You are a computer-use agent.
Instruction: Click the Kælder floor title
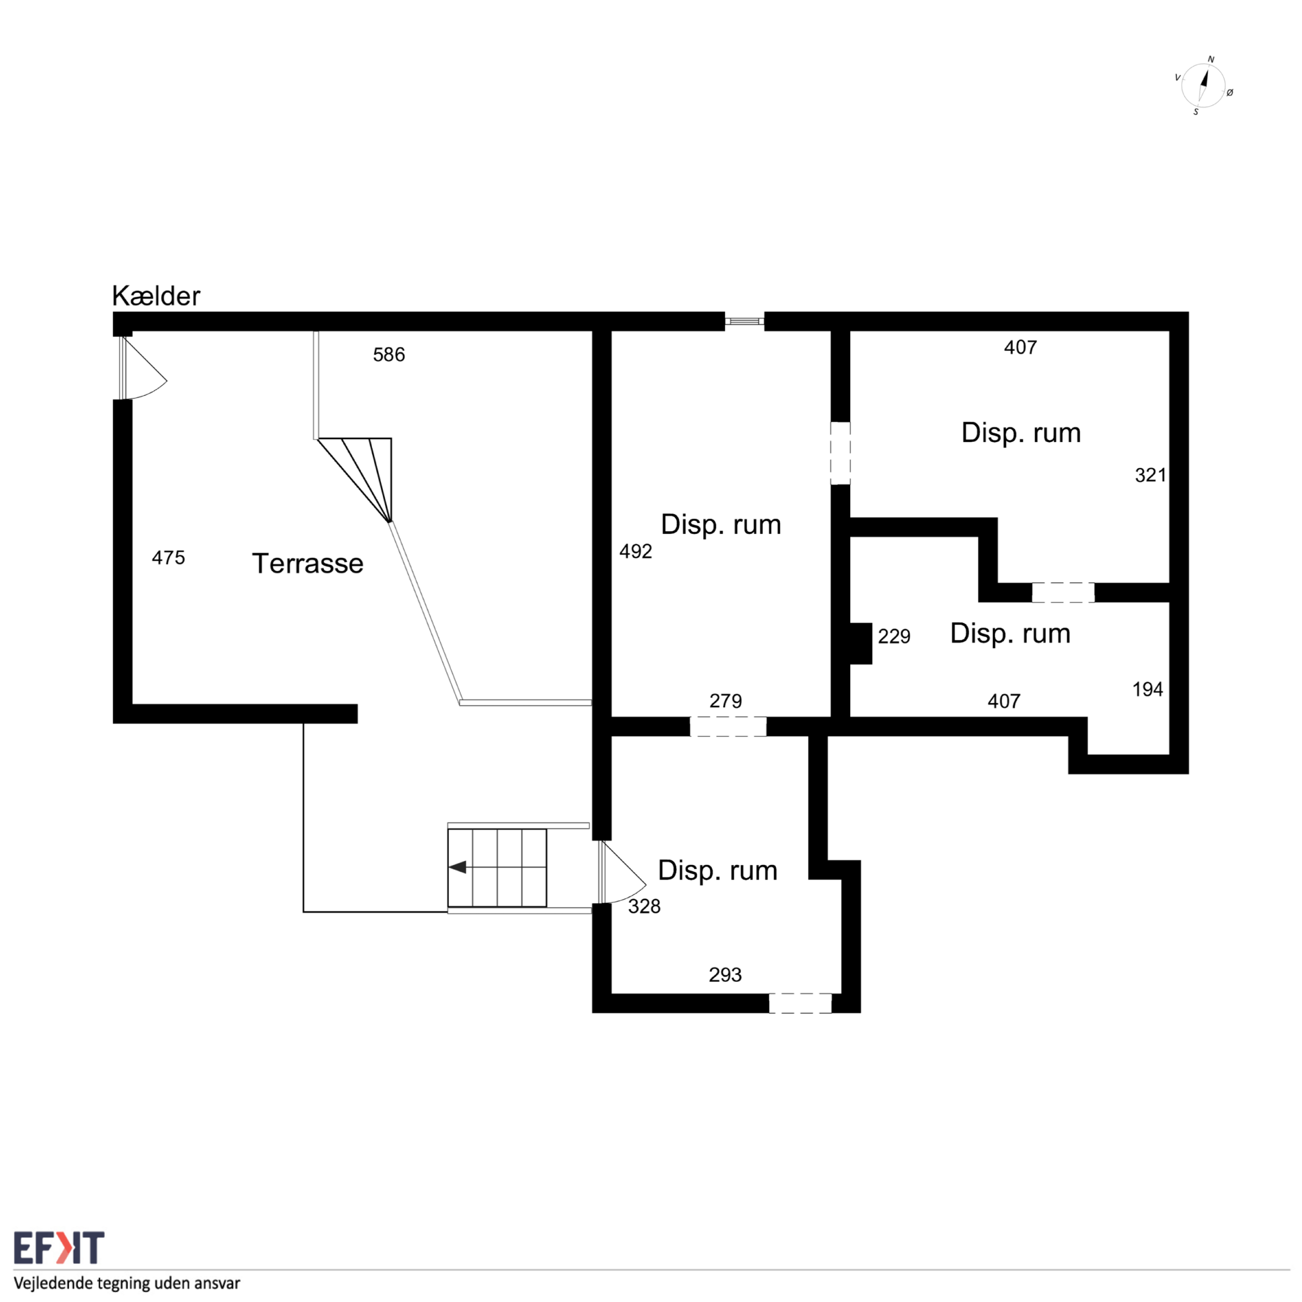pyautogui.click(x=156, y=296)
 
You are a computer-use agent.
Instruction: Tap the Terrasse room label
pyautogui.click(x=307, y=563)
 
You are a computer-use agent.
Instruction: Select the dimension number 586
pyautogui.click(x=389, y=355)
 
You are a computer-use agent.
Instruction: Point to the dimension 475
pyautogui.click(x=168, y=557)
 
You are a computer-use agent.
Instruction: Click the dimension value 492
pyautogui.click(x=635, y=551)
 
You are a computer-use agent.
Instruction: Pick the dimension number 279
pyautogui.click(x=725, y=701)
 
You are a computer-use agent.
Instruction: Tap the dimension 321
pyautogui.click(x=1150, y=475)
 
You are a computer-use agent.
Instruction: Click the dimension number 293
pyautogui.click(x=725, y=974)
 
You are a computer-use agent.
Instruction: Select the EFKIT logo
pyautogui.click(x=59, y=1248)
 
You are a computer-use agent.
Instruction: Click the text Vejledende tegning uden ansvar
pyautogui.click(x=127, y=1282)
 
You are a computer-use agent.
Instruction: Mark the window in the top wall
pyautogui.click(x=745, y=321)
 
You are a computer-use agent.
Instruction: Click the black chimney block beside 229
pyautogui.click(x=861, y=643)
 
